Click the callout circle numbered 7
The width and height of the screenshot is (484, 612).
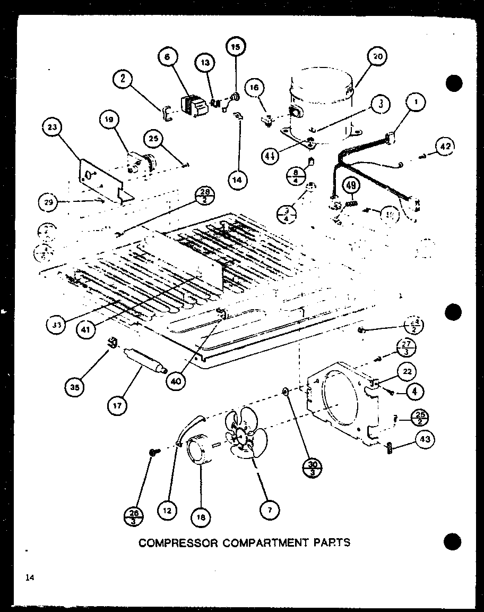coord(269,510)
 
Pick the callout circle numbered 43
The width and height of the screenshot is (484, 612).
coord(426,439)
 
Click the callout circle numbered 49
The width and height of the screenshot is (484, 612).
coord(351,185)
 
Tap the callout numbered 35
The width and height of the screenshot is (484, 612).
coord(74,387)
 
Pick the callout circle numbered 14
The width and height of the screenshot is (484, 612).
coord(237,180)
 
